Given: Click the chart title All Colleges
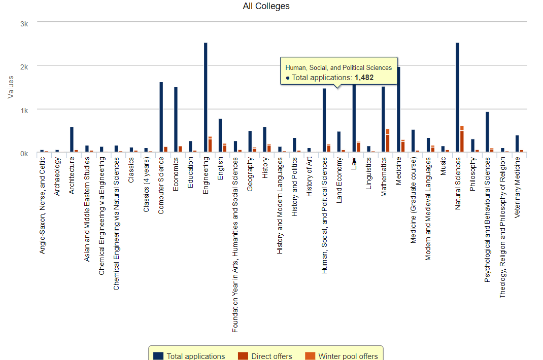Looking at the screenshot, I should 266,6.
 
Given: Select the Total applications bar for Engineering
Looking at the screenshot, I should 206,96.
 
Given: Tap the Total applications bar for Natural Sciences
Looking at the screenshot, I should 457,96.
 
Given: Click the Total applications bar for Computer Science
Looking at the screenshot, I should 161,117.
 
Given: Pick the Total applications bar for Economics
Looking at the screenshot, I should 176,119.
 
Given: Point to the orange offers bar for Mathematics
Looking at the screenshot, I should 388,140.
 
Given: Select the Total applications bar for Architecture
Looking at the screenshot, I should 72,139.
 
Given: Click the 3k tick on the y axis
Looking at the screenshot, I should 24,24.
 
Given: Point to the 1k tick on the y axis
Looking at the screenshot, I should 24,110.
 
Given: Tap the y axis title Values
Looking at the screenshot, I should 11,87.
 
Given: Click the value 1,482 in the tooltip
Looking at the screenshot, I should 364,78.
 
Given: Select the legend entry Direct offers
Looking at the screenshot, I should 271,356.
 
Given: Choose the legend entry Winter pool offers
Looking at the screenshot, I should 348,356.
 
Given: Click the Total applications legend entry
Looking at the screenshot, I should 195,356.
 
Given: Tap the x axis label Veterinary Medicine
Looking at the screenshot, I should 517,187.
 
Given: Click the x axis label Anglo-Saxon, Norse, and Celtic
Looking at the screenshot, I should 42,205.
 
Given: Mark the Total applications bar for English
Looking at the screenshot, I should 220,135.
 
